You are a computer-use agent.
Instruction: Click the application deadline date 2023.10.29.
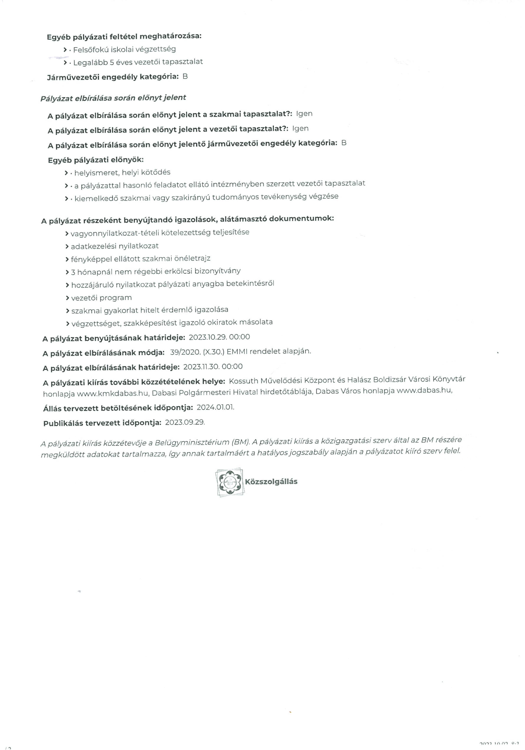tap(208, 337)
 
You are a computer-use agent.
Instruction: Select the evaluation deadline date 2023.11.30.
tap(201, 367)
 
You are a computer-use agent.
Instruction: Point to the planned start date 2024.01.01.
tap(215, 407)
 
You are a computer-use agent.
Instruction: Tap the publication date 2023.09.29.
tap(185, 422)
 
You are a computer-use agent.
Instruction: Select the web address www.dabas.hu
tap(424, 390)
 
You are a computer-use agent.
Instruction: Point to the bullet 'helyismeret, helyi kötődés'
tap(122, 172)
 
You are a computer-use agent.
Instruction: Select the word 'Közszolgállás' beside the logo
tap(271, 481)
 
